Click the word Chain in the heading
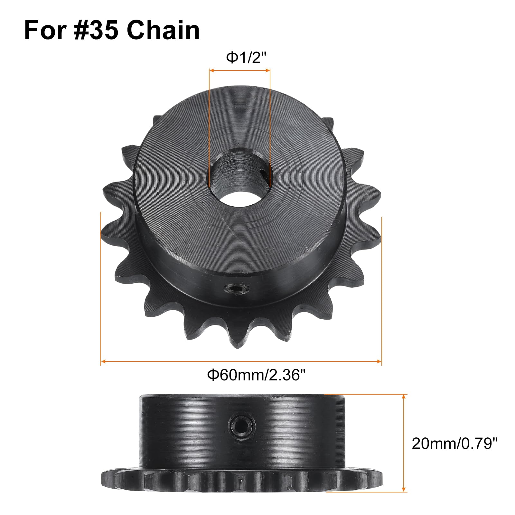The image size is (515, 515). (163, 31)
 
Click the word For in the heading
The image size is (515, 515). (45, 31)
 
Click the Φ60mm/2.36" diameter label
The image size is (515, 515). (256, 375)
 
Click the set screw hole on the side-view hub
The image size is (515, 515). (241, 430)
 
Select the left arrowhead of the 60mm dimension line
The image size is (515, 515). (103, 362)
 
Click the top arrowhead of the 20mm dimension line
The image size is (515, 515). (404, 396)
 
